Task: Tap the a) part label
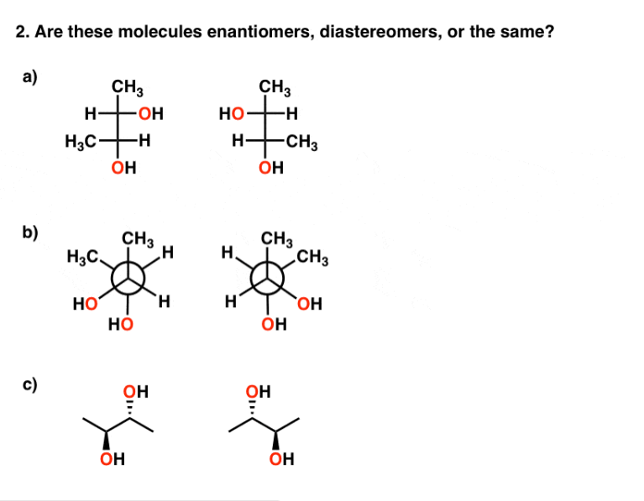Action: coord(29,77)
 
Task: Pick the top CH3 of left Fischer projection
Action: coord(127,86)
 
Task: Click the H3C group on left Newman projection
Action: coord(81,256)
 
